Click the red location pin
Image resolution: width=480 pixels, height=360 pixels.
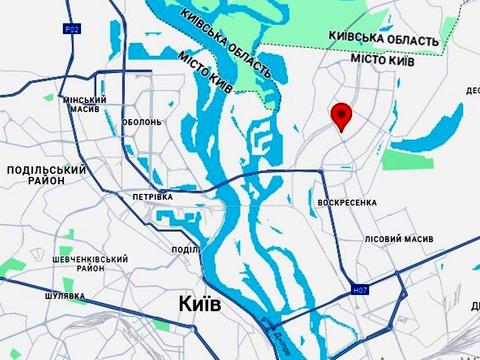(x=342, y=116)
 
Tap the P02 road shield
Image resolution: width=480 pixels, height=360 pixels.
(x=72, y=30)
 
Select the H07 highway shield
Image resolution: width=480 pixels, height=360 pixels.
(x=361, y=291)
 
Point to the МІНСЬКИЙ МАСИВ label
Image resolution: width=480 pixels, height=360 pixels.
(x=83, y=106)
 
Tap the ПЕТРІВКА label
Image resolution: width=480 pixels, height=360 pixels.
(x=153, y=197)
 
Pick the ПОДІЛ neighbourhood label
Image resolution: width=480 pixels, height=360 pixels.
(x=184, y=250)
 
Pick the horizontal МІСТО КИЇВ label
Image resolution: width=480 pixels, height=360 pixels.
(x=381, y=61)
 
